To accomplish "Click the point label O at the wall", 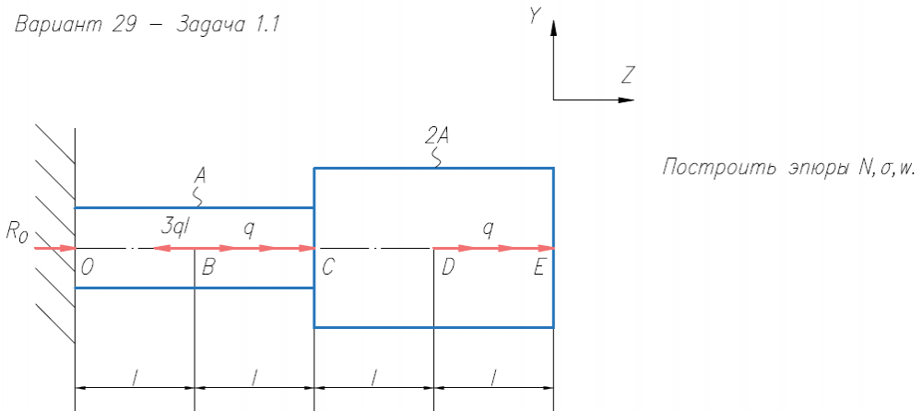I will [86, 267].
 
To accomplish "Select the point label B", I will [208, 268].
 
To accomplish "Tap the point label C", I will [328, 268].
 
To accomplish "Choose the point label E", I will [539, 268].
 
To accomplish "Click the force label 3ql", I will [174, 228].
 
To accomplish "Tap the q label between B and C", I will [248, 228].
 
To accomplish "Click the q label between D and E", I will [488, 228].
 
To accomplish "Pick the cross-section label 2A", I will [436, 136].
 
